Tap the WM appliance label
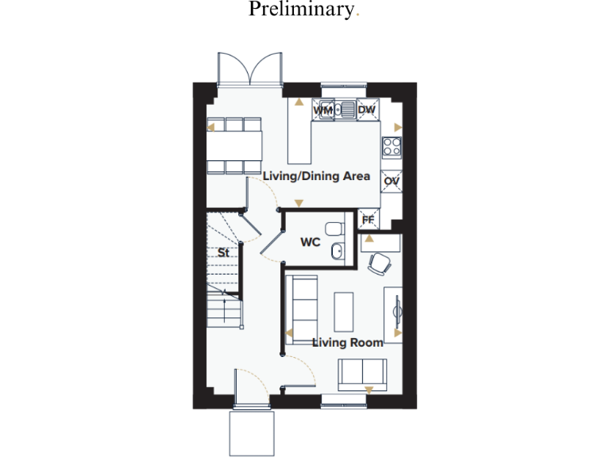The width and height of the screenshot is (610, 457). point(324,111)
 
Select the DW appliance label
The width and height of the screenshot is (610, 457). point(366,110)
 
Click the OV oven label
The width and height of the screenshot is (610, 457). point(391,182)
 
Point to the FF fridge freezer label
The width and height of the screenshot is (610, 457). point(368,219)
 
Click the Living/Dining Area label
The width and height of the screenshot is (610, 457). point(316,176)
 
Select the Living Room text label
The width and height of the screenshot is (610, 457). point(347,343)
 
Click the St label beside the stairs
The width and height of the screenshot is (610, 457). point(224,253)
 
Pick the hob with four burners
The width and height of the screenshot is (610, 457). point(391,146)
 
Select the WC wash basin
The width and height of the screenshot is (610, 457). point(338,252)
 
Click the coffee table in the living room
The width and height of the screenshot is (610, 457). point(343,312)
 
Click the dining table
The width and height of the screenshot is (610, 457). point(234,145)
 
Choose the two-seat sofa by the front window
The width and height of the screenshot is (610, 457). point(362,372)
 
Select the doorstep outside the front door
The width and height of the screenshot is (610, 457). point(252,432)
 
